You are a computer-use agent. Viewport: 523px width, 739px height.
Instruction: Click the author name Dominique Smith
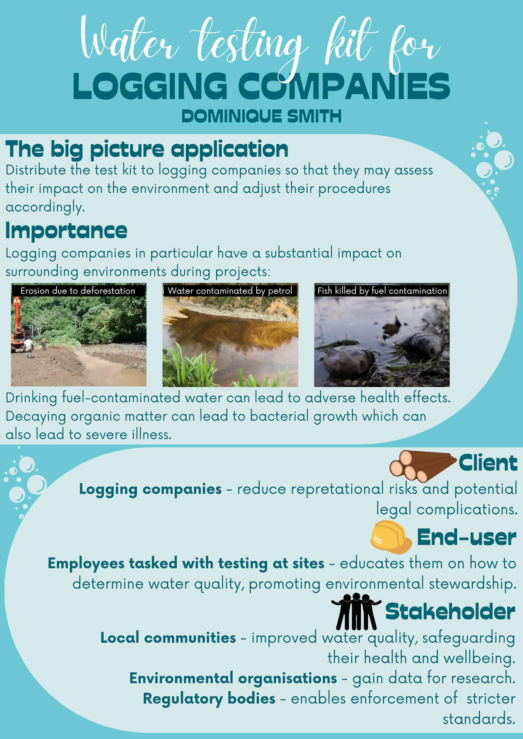click(x=261, y=116)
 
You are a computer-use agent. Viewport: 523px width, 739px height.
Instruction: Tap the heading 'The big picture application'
click(x=147, y=149)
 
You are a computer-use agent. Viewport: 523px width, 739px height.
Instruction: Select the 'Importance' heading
click(x=66, y=231)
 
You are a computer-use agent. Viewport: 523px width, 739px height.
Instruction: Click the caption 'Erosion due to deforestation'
click(x=78, y=290)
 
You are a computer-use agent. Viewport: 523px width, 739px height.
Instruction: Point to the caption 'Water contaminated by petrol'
click(x=230, y=290)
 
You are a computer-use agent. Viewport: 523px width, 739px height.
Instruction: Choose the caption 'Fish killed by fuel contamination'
click(x=382, y=290)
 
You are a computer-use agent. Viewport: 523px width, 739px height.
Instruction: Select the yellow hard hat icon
click(x=391, y=537)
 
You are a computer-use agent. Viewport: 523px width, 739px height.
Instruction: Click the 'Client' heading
click(x=488, y=463)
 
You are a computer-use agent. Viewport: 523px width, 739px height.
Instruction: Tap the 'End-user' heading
click(x=466, y=537)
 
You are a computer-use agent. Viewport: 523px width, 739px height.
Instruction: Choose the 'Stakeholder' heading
click(x=450, y=612)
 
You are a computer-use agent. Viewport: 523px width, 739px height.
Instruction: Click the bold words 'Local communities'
click(x=168, y=638)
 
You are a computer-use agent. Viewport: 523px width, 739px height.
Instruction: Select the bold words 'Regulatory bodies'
click(x=209, y=699)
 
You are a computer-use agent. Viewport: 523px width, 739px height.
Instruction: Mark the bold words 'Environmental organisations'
click(x=233, y=678)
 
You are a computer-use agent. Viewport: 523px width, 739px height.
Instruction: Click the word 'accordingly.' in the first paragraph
click(x=45, y=207)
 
